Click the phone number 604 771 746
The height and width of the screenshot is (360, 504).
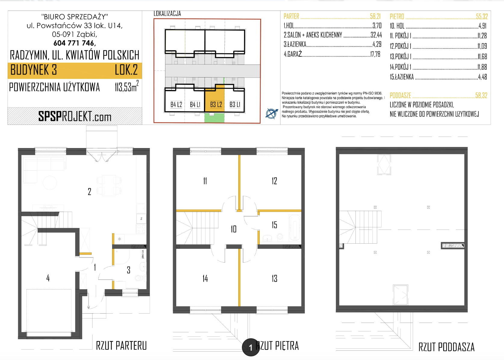pyautogui.click(x=75, y=43)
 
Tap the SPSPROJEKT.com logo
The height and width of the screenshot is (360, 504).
pyautogui.click(x=75, y=116)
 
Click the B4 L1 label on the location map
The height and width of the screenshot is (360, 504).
pyautogui.click(x=195, y=104)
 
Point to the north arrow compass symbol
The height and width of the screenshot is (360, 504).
pyautogui.click(x=271, y=113)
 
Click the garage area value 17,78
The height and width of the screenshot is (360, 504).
pyautogui.click(x=375, y=54)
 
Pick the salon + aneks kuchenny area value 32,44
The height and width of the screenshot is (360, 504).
pyautogui.click(x=376, y=35)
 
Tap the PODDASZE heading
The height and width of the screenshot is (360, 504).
pyautogui.click(x=400, y=96)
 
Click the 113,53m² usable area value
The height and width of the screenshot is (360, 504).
pyautogui.click(x=127, y=86)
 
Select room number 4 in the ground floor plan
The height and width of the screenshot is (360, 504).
pyautogui.click(x=48, y=278)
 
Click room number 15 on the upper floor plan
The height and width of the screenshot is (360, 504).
pyautogui.click(x=274, y=225)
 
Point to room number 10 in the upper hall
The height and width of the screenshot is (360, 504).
pyautogui.click(x=233, y=229)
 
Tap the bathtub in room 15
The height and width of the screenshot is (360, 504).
pyautogui.click(x=295, y=228)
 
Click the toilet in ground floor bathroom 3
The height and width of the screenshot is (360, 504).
pyautogui.click(x=139, y=278)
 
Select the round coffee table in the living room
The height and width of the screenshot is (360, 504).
pyautogui.click(x=50, y=183)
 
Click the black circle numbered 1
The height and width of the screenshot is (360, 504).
pyautogui.click(x=251, y=347)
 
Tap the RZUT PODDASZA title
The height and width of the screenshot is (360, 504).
pyautogui.click(x=446, y=347)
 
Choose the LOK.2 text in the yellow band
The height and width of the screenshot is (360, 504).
pyautogui.click(x=126, y=70)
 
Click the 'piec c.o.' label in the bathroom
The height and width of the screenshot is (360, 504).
pyautogui.click(x=143, y=254)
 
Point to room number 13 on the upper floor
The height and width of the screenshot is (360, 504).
pyautogui.click(x=274, y=279)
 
